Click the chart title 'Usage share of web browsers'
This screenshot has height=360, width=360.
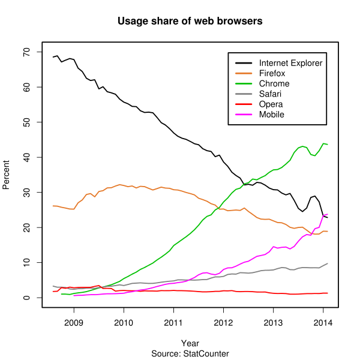coord(190,22)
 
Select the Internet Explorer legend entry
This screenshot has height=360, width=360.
coord(290,63)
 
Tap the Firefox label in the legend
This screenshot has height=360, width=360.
coord(272,73)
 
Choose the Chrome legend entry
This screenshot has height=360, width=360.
coord(274,83)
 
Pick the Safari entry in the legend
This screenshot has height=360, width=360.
coord(271,94)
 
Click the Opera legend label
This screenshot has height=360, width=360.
coord(271,104)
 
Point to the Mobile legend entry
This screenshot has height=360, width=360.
coord(271,114)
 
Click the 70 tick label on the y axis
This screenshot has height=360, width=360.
coord(26,52)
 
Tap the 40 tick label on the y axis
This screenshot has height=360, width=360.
coord(26,157)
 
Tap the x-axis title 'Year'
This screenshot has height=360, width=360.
coord(190,343)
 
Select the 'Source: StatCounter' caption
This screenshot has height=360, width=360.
coord(190,354)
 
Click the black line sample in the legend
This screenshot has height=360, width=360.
coord(243,63)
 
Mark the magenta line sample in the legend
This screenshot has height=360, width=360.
coord(243,114)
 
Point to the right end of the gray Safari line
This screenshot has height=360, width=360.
coord(328,263)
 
